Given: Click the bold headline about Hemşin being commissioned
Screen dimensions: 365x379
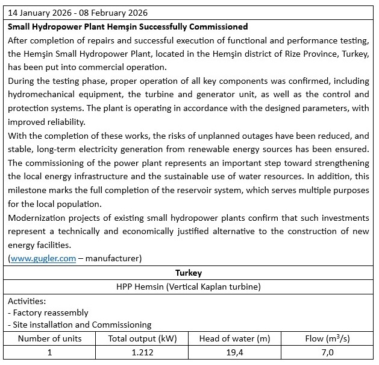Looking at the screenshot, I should click(128, 27).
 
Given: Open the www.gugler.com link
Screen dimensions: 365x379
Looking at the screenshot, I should click(43, 258).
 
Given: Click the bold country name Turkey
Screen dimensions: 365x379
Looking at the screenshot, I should click(189, 273).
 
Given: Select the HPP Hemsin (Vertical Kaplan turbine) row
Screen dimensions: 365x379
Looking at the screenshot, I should click(189, 287).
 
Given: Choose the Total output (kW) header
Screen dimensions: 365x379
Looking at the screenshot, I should click(142, 338).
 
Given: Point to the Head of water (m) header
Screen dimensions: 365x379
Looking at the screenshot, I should click(234, 338).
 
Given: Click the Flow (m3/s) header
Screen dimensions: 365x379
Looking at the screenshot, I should click(327, 338).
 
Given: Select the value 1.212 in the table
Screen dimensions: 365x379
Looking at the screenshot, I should click(142, 352).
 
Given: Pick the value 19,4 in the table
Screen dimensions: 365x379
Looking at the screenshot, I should click(234, 352).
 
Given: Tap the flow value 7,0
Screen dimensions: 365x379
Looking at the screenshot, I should click(327, 352).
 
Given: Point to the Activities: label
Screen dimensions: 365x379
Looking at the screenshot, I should click(28, 300).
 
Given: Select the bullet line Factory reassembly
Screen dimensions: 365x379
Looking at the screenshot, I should click(49, 313).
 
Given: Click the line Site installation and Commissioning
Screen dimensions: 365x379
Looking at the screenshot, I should click(81, 325).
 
